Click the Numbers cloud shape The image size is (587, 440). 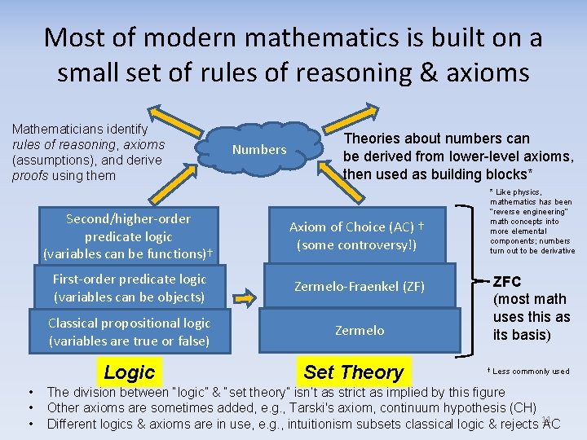pyautogui.click(x=259, y=149)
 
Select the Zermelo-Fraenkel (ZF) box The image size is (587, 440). pyautogui.click(x=360, y=287)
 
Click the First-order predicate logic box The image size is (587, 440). pyautogui.click(x=129, y=288)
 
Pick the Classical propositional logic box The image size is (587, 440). pyautogui.click(x=129, y=331)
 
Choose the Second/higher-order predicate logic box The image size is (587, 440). pyautogui.click(x=129, y=236)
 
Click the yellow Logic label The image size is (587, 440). pyautogui.click(x=129, y=373)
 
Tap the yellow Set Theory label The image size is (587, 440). pyautogui.click(x=353, y=373)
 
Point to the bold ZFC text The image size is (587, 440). pyautogui.click(x=507, y=282)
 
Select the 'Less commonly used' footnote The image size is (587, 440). pyautogui.click(x=530, y=372)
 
